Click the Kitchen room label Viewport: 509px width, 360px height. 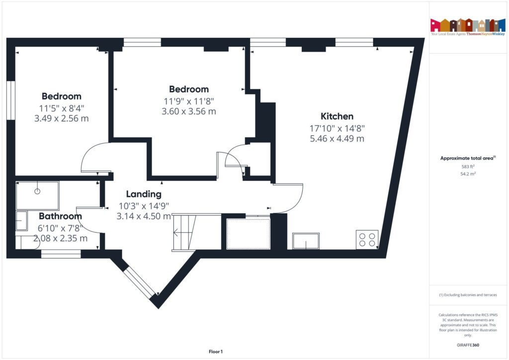click(x=337, y=116)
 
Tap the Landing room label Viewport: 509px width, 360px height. click(x=144, y=194)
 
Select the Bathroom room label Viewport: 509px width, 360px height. click(x=60, y=216)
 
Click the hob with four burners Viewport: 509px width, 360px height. click(x=367, y=239)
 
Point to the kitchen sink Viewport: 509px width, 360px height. click(x=306, y=241)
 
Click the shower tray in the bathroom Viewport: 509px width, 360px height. click(x=38, y=195)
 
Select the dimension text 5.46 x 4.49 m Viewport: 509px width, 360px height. click(x=337, y=139)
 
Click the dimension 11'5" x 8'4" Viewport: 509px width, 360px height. click(x=61, y=108)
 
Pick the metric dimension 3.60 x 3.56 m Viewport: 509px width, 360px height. click(x=189, y=111)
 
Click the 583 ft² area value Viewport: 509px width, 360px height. click(x=468, y=167)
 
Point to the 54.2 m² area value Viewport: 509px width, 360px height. click(x=468, y=174)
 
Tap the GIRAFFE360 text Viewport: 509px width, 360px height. click(x=468, y=345)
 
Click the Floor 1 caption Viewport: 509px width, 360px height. click(x=216, y=352)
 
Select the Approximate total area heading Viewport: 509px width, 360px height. click(x=468, y=158)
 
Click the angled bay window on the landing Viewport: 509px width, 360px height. click(x=139, y=283)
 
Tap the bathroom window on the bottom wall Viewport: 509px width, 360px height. click(x=61, y=254)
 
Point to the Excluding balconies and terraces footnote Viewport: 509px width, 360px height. click(x=468, y=295)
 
